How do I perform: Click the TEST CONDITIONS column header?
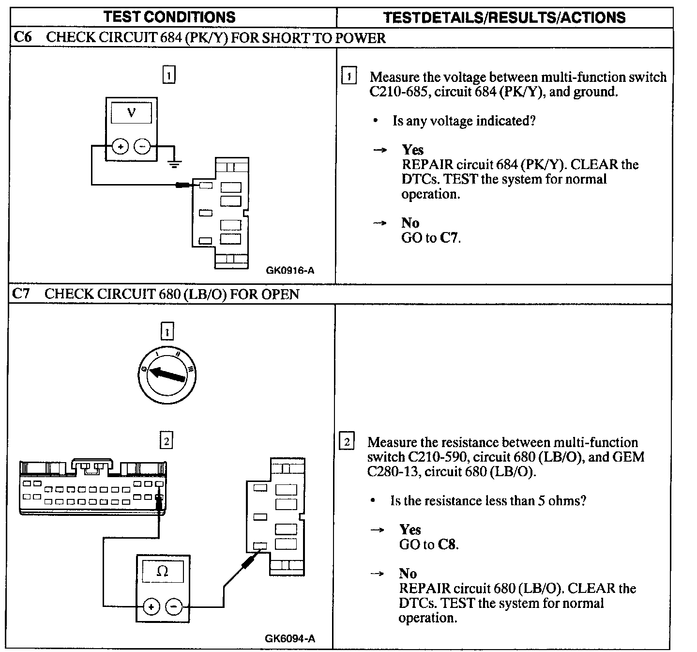coord(169,17)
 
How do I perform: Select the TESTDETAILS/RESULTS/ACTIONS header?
coord(504,18)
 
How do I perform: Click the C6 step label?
coord(22,37)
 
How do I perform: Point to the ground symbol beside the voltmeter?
coord(174,163)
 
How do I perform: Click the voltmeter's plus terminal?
coord(120,146)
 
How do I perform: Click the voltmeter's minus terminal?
coord(142,146)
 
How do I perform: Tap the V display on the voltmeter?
coord(131,113)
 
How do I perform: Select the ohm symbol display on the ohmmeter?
coord(163,572)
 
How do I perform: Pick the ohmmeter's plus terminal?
coord(152,606)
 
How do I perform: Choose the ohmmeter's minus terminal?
coord(174,606)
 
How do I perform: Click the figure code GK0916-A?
coord(290,270)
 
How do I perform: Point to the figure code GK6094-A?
coord(290,638)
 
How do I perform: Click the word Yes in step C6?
coord(412,150)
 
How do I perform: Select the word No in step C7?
coord(408,574)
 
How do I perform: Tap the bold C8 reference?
coord(447,544)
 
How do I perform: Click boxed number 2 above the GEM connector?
coord(167,441)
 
